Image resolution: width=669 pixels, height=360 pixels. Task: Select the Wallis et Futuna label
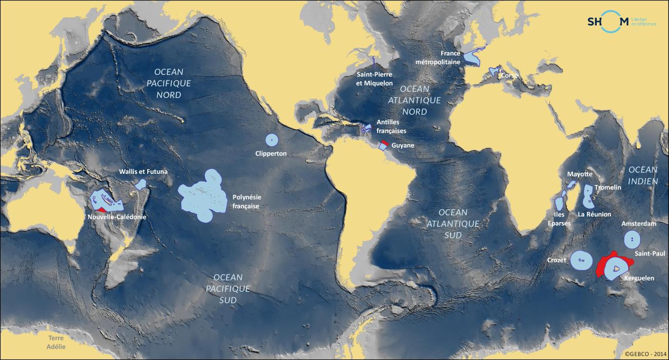click(x=143, y=172)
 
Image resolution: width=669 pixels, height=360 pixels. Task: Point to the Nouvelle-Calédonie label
click(x=116, y=216)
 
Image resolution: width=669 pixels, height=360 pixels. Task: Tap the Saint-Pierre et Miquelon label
click(x=375, y=78)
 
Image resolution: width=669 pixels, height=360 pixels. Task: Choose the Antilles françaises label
click(x=391, y=127)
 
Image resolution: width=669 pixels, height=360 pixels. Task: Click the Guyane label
click(x=403, y=146)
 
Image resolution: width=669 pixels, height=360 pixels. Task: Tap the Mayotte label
click(x=579, y=174)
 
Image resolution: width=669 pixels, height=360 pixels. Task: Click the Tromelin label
click(x=607, y=188)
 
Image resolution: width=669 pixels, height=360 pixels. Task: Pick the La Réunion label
click(x=595, y=214)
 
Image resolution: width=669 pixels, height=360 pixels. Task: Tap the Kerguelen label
click(x=639, y=278)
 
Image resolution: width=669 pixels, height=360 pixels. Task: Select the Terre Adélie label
click(x=56, y=342)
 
